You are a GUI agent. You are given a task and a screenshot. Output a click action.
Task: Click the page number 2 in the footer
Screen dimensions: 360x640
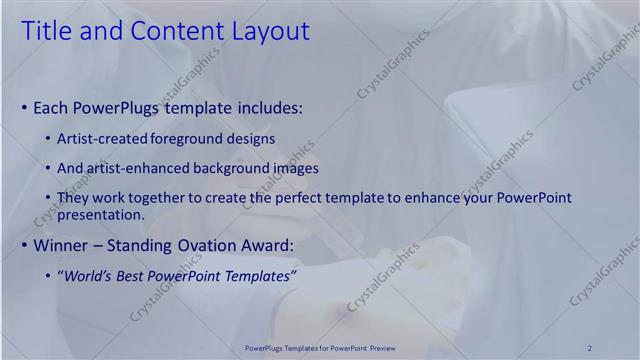click(590, 347)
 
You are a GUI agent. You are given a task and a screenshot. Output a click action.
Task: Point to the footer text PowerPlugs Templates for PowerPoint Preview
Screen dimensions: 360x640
click(319, 347)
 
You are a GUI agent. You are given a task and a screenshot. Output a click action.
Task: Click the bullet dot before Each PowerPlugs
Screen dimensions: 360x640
click(24, 107)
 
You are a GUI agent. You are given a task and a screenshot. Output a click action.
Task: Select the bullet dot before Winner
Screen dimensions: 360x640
click(24, 246)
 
